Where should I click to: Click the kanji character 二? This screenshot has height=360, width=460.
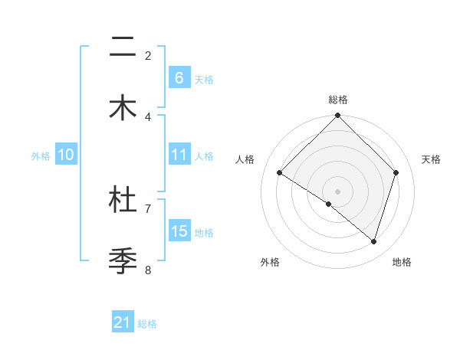click(x=123, y=50)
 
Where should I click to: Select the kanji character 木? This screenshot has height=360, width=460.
click(x=123, y=107)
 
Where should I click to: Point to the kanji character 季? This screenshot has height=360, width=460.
click(x=123, y=260)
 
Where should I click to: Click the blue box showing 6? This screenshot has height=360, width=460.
click(x=179, y=77)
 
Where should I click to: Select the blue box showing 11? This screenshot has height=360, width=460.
click(x=179, y=155)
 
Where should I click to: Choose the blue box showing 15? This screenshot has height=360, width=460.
click(x=179, y=231)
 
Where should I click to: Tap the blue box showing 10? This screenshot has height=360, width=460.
click(x=66, y=155)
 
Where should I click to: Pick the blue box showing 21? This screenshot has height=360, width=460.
click(x=123, y=322)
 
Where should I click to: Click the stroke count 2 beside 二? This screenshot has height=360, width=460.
click(x=148, y=55)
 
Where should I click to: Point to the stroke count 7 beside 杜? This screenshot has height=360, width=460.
click(x=148, y=208)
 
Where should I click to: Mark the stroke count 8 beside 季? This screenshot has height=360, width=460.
click(x=148, y=269)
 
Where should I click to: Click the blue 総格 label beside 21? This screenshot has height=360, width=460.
click(x=147, y=324)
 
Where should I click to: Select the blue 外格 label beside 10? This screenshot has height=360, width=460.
click(x=41, y=156)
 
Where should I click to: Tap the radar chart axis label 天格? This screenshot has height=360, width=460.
click(x=432, y=159)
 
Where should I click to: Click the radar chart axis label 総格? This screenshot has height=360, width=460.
click(x=338, y=100)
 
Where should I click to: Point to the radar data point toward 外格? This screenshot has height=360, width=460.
click(x=329, y=204)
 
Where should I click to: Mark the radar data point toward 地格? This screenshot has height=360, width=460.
click(x=374, y=241)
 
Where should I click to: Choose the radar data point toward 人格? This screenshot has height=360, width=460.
click(x=280, y=173)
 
